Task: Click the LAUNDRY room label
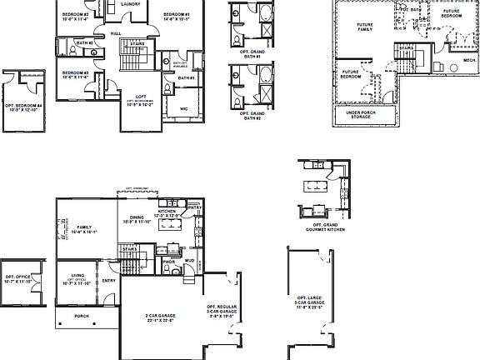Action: point(130,4)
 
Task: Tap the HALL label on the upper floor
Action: point(115,34)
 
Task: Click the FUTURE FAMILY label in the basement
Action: point(365,27)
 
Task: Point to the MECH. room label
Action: point(469,60)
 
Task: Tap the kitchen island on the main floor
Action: point(172,247)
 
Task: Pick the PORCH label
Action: point(82,316)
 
